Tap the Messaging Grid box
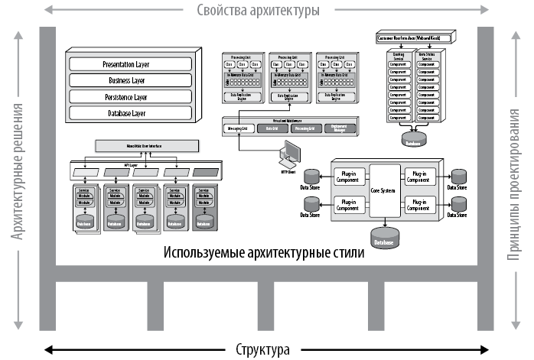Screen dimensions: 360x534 (x=238, y=129)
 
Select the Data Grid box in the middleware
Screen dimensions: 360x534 (x=272, y=129)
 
